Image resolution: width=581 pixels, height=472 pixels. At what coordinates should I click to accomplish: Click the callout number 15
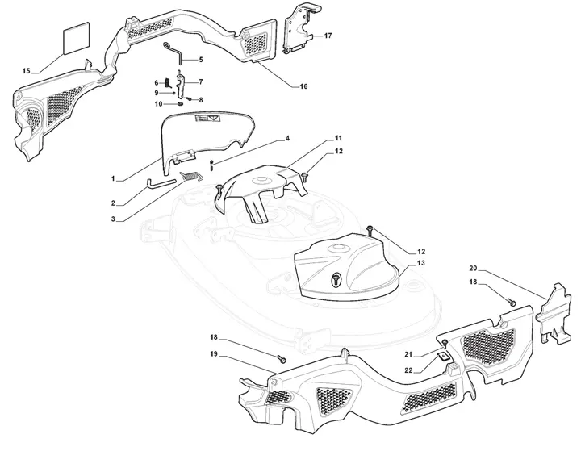click(x=26, y=72)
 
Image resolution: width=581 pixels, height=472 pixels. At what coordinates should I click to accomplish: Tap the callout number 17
click(x=328, y=36)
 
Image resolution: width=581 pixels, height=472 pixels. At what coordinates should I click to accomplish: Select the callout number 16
click(x=303, y=86)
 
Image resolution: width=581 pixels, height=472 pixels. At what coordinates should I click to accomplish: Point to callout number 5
click(x=200, y=59)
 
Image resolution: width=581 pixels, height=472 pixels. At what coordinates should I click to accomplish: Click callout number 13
click(x=420, y=263)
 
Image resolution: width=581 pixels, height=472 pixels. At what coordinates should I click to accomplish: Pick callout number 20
click(x=474, y=268)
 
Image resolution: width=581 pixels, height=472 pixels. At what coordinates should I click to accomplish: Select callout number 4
click(x=286, y=139)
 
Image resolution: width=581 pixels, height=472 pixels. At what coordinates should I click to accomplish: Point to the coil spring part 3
click(x=190, y=175)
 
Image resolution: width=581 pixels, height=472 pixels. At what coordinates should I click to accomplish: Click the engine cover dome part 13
click(x=347, y=266)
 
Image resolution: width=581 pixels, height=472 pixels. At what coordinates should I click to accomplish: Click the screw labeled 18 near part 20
click(x=512, y=301)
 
